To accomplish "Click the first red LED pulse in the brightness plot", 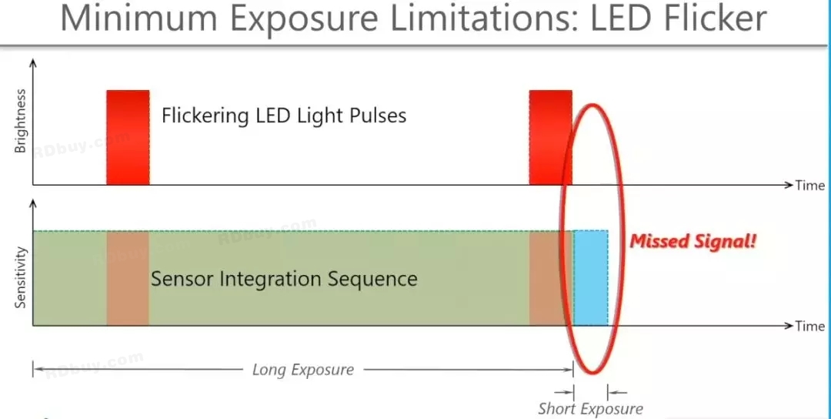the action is click(x=128, y=137).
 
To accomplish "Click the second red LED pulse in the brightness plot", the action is click(x=550, y=137).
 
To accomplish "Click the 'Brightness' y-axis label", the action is click(x=21, y=121).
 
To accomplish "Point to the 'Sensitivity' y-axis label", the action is click(x=21, y=278).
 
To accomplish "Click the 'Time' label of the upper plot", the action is click(x=809, y=186).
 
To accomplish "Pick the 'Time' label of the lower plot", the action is click(x=809, y=327).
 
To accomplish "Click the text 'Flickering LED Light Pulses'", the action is click(x=284, y=116).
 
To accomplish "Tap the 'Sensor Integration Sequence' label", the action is click(x=284, y=279).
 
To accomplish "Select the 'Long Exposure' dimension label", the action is click(x=303, y=370).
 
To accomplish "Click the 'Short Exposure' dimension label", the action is click(x=590, y=409).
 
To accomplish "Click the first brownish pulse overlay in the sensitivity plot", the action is click(x=128, y=277).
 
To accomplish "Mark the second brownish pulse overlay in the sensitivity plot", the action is click(x=550, y=277).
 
